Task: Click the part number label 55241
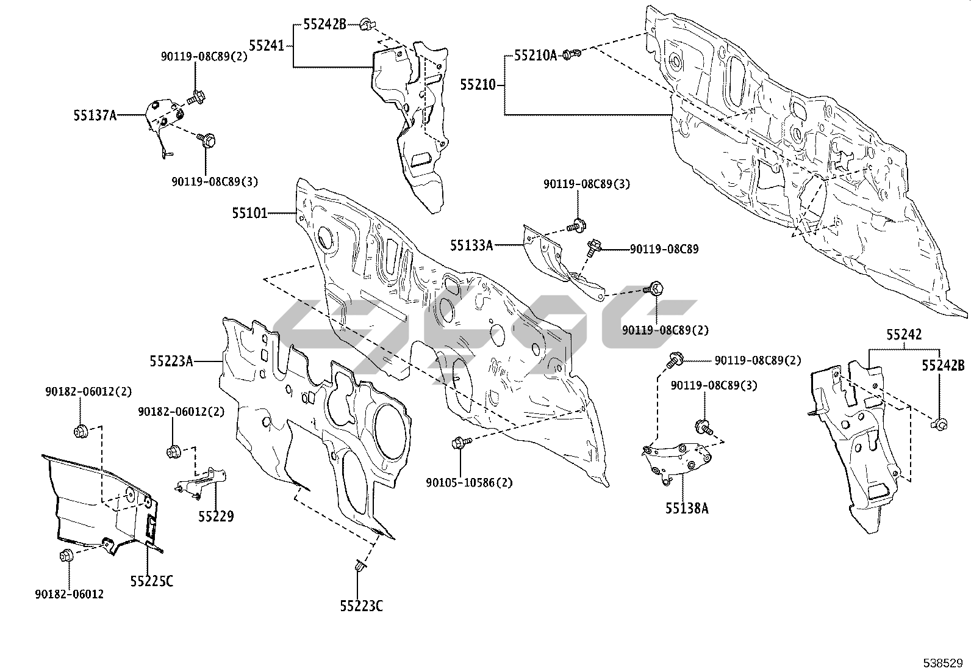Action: click(x=267, y=45)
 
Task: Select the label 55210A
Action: click(x=535, y=56)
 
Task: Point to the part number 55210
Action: click(x=478, y=85)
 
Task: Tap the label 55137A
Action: click(x=95, y=114)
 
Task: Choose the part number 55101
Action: click(x=249, y=213)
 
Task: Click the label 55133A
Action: click(x=471, y=245)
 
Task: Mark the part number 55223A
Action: click(x=171, y=361)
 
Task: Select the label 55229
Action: click(x=215, y=517)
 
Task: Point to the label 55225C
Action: click(x=151, y=581)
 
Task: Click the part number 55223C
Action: click(x=362, y=606)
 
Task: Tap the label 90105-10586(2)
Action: click(x=469, y=482)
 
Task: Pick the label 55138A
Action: click(x=687, y=508)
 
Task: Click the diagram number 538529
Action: click(x=942, y=662)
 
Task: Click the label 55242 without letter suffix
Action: click(x=904, y=335)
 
